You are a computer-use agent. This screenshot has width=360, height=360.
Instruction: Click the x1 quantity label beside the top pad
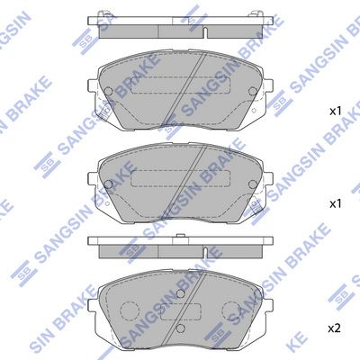(x=335, y=112)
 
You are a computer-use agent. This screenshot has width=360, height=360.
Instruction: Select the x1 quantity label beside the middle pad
(x=335, y=204)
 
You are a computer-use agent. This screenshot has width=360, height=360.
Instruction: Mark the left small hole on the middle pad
(x=110, y=184)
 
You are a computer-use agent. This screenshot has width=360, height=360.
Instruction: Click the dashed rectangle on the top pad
(x=178, y=90)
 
